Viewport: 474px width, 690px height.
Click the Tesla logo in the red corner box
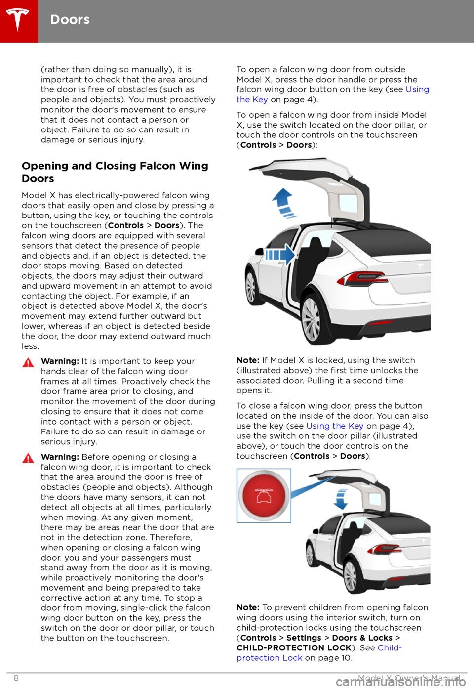18,20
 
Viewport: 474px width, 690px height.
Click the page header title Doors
70,20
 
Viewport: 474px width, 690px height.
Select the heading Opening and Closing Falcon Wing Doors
115,172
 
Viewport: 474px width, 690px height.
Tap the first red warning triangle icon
28,363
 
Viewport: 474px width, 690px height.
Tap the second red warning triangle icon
28,459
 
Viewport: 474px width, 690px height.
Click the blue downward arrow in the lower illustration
341,499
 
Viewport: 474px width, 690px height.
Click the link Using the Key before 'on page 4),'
335,426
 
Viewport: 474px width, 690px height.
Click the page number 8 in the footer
16,678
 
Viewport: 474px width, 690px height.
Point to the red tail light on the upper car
354,281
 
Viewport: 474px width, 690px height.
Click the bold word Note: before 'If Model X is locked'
248,360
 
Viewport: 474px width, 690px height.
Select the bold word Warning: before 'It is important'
60,361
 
